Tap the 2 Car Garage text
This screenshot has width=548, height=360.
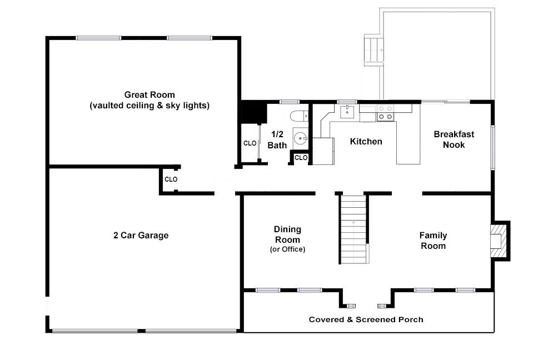point(141,236)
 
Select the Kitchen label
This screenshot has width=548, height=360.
point(366,142)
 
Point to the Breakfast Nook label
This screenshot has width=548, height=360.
point(454,139)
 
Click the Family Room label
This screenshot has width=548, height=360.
point(433,241)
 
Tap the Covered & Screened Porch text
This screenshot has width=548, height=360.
point(366,319)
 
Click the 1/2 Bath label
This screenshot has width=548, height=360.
point(277,140)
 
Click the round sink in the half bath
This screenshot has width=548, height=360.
point(301,138)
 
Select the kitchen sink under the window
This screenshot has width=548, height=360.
point(347,112)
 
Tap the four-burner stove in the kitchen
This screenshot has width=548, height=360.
point(385,113)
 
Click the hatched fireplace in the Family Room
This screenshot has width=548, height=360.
point(499,239)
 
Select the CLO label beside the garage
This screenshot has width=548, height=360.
point(171,179)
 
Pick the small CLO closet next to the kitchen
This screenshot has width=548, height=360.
point(301,158)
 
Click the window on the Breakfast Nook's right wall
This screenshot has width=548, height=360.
point(492,147)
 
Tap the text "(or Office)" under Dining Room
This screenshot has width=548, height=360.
point(287,249)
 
